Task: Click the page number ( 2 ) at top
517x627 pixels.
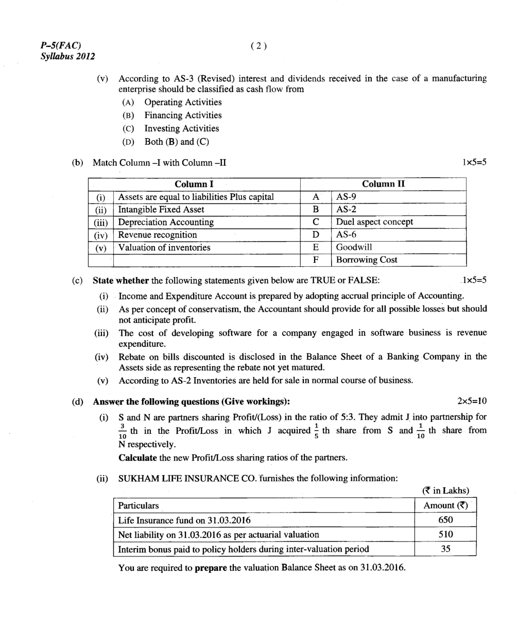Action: coord(259,46)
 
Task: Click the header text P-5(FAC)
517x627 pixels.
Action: coord(61,45)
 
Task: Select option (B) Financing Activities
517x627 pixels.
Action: coord(183,115)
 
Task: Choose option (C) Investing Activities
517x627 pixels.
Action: coord(181,129)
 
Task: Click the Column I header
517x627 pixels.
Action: coord(194,184)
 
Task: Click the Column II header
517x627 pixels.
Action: coord(383,184)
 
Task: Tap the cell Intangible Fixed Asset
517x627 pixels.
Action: coord(161,210)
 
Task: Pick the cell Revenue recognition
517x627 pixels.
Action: coord(158,235)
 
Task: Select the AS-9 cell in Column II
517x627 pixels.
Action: coord(346,197)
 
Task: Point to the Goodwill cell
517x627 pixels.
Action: coord(354,247)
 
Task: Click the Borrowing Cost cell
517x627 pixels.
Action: coord(367,260)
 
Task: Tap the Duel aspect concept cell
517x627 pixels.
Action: coord(374,222)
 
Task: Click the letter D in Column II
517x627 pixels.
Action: coord(316,235)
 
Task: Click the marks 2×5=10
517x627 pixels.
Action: coord(471,401)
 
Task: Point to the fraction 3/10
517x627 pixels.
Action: coord(122,431)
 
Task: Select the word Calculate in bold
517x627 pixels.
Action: coord(137,457)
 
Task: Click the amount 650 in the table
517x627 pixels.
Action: coord(445,520)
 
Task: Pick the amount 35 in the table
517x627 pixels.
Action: coord(445,549)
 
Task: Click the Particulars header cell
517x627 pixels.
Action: coord(139,505)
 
